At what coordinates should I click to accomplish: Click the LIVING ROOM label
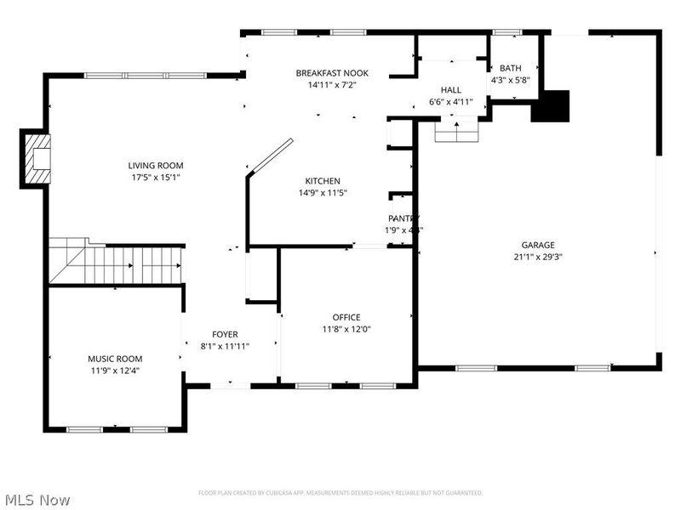click(156, 166)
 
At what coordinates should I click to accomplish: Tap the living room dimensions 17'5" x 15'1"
click(156, 178)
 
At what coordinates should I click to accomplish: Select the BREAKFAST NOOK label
click(332, 73)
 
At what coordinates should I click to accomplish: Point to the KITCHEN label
click(323, 181)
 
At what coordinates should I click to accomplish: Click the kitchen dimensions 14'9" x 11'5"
click(323, 193)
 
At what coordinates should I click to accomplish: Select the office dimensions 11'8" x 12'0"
click(346, 329)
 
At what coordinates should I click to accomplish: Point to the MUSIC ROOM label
click(115, 359)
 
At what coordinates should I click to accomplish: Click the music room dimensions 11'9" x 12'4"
click(115, 371)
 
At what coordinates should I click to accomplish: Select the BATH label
click(511, 68)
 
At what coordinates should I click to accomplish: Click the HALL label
click(451, 90)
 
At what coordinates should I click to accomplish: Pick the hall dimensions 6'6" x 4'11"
click(451, 102)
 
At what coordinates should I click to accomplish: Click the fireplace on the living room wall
click(36, 159)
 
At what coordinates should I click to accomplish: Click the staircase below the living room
click(117, 263)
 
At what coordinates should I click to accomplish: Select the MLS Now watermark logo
click(37, 500)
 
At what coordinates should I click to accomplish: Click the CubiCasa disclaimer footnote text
click(340, 493)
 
